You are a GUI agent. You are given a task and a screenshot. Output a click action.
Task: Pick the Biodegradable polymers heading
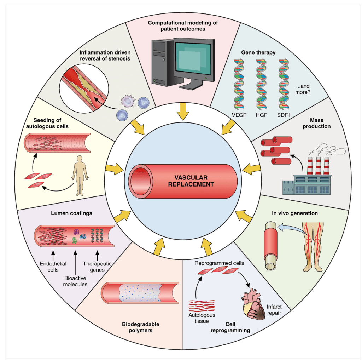click(141, 327)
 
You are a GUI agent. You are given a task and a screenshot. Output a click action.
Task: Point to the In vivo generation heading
click(294, 213)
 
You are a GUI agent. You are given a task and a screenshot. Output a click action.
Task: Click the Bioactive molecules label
click(76, 281)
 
